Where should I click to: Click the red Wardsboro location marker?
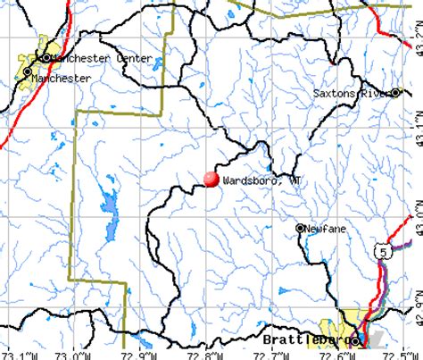(211, 179)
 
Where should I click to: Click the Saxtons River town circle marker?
(396, 92)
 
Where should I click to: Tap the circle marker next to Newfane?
(301, 228)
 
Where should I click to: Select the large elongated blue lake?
(110, 212)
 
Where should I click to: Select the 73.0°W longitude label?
(76, 355)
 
